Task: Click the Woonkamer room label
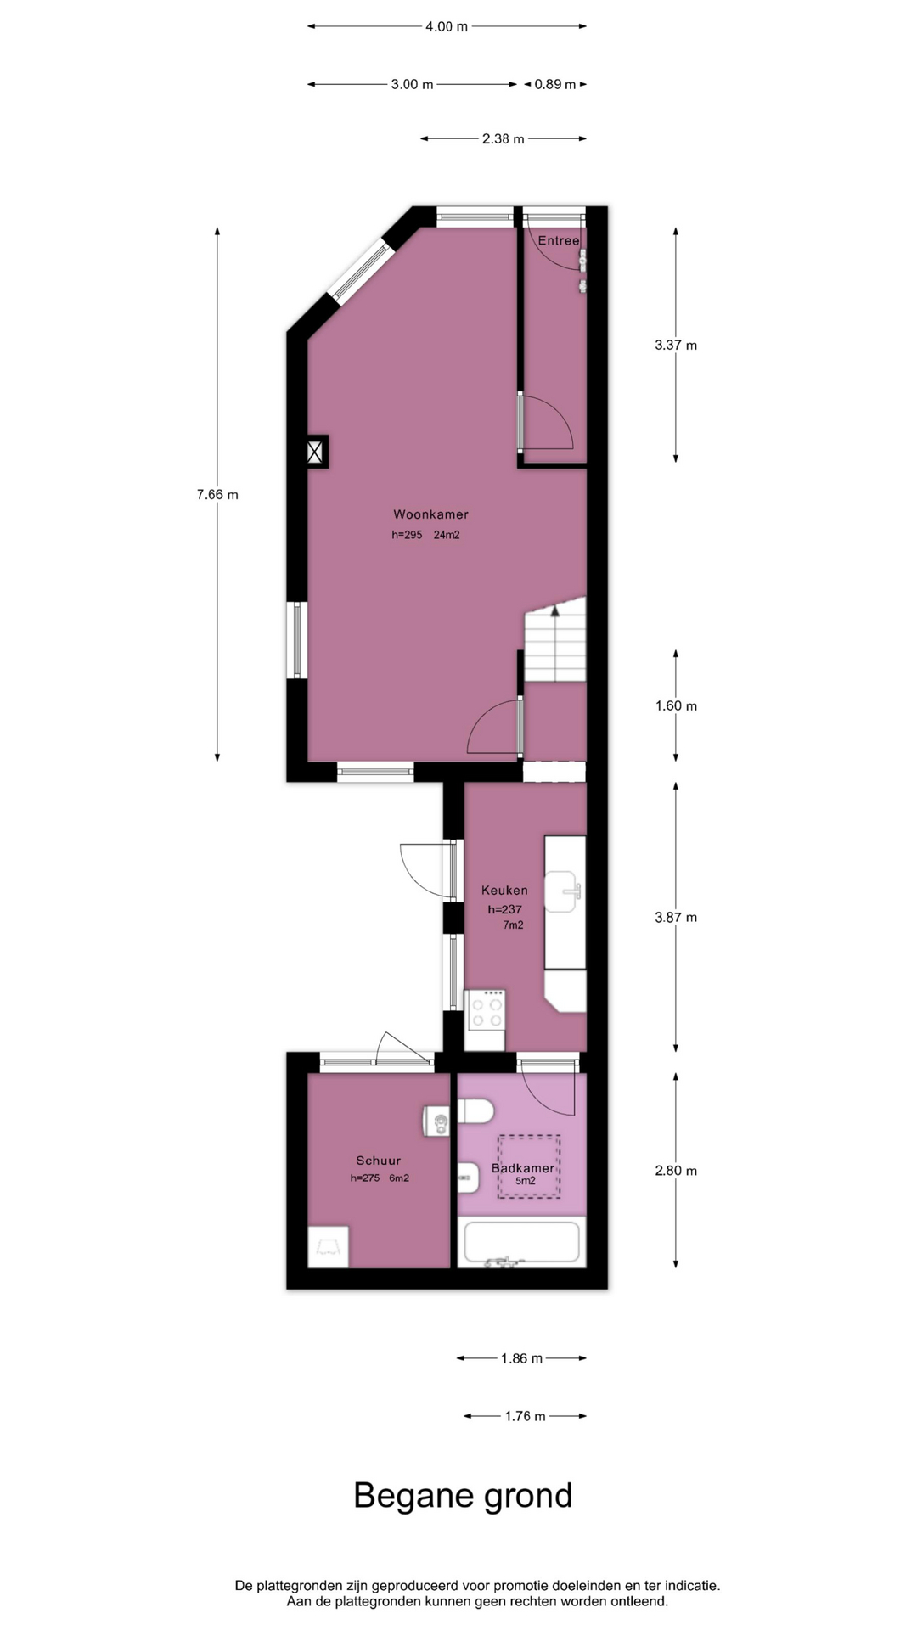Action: click(x=430, y=514)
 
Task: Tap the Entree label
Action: click(x=559, y=241)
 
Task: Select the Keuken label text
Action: click(x=504, y=891)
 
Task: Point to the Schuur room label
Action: click(x=379, y=1161)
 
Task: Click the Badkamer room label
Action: click(x=523, y=1168)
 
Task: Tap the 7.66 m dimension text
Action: click(x=217, y=495)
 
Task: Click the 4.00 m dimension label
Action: click(x=447, y=26)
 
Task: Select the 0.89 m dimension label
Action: click(x=555, y=84)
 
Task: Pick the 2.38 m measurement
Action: click(x=504, y=138)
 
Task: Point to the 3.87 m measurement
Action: click(x=676, y=918)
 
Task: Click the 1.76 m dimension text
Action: click(x=525, y=1416)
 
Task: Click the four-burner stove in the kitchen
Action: click(x=486, y=1010)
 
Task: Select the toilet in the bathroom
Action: click(x=475, y=1111)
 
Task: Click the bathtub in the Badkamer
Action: click(x=521, y=1243)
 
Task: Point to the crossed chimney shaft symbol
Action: click(x=315, y=451)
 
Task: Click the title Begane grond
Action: click(x=463, y=1496)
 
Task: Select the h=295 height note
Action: click(x=407, y=535)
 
